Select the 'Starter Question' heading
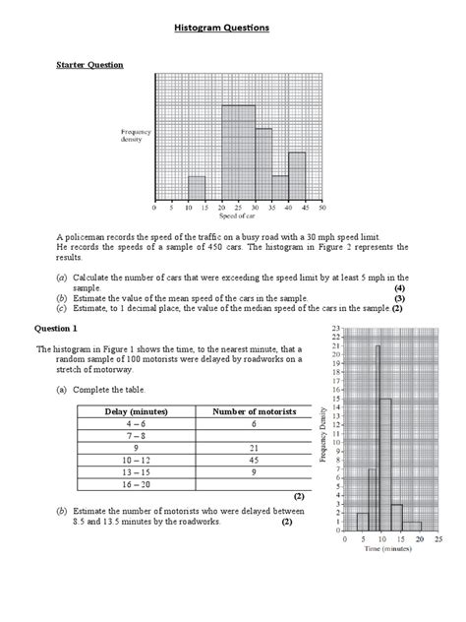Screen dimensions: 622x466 (x=88, y=65)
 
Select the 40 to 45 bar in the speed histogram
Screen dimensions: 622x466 (x=297, y=175)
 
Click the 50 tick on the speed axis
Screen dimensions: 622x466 (x=321, y=208)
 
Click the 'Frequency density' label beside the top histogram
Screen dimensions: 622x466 (x=137, y=135)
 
